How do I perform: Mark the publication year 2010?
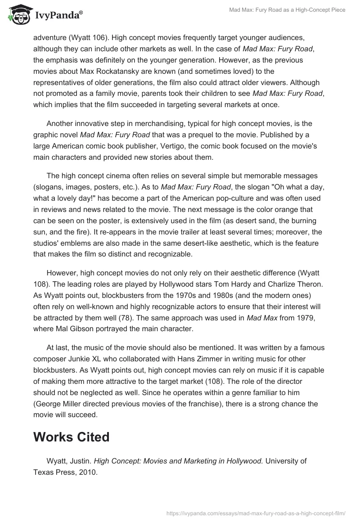click(x=87, y=473)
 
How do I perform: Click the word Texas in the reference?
click(x=45, y=473)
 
